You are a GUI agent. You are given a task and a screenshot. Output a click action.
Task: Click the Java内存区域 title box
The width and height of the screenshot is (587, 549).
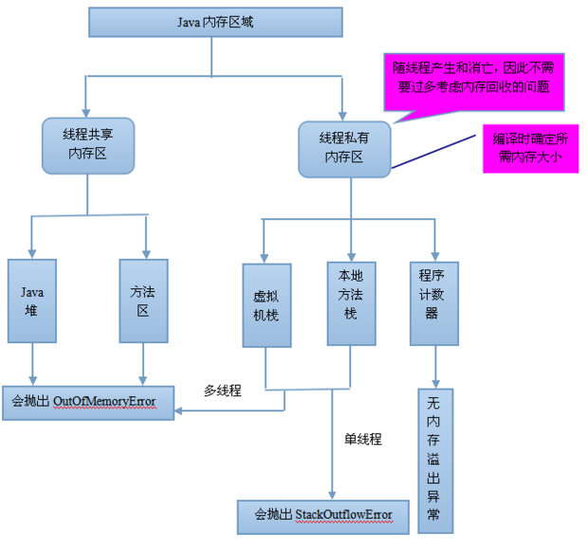214,23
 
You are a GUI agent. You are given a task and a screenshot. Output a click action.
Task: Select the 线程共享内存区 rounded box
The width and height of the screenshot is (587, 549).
86,146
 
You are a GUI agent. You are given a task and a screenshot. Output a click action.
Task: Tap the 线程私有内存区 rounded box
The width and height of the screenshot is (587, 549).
344,148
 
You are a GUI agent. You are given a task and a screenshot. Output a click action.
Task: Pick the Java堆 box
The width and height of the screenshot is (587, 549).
32,300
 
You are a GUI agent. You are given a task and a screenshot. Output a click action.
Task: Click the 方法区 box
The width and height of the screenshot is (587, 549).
143,300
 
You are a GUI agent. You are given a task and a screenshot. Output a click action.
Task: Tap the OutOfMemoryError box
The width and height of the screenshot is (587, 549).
91,401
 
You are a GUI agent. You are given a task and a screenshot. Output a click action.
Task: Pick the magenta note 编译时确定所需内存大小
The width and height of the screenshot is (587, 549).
529,148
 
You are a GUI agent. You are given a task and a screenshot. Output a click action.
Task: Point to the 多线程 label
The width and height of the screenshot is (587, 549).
223,390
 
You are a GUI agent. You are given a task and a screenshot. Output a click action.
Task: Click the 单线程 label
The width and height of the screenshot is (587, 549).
362,439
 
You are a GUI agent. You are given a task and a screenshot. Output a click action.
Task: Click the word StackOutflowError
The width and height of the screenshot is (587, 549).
339,515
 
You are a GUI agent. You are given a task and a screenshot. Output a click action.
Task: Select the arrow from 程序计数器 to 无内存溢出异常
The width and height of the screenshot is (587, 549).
434,365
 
